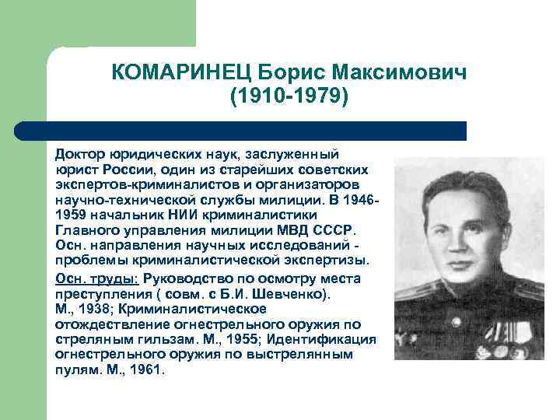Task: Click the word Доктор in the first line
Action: [79, 156]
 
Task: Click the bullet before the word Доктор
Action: [48, 156]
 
